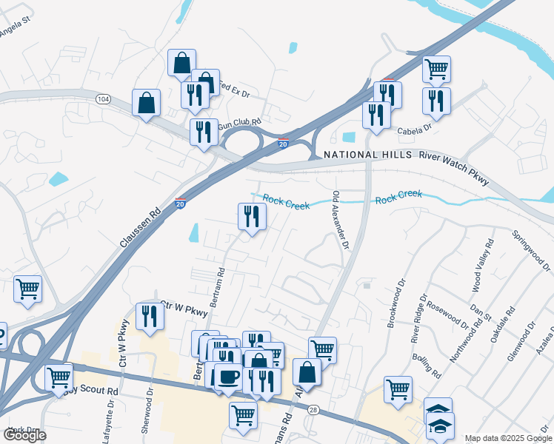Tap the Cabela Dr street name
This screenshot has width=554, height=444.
tap(414, 129)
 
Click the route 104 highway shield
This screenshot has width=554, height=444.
tap(103, 98)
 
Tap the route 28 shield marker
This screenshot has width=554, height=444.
tap(313, 409)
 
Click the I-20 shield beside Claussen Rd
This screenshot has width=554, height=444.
tap(181, 203)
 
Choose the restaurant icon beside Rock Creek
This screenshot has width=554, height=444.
tap(252, 216)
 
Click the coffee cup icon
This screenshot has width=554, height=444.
tap(227, 376)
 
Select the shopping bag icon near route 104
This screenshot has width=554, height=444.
tap(147, 102)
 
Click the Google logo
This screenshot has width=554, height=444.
tap(24, 435)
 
